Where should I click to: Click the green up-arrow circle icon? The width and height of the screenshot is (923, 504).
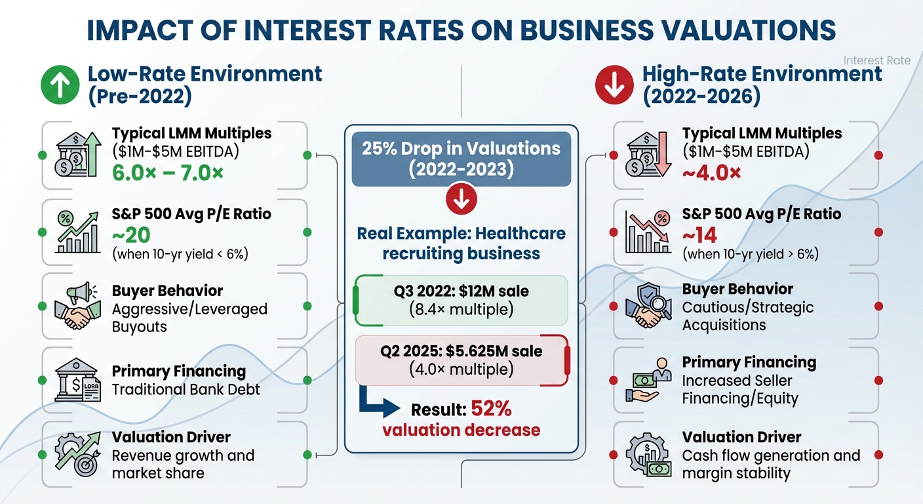click(60, 85)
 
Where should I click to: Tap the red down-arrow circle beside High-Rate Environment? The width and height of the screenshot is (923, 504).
click(614, 85)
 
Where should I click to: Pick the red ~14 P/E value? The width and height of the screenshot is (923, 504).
click(700, 234)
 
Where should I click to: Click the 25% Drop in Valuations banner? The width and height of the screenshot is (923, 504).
click(461, 158)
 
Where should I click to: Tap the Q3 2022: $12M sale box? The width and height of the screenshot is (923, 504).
click(461, 300)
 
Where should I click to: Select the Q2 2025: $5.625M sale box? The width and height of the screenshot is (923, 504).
click(461, 360)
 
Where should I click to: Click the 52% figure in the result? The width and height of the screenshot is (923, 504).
click(491, 409)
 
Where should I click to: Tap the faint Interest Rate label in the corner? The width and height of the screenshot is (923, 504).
click(876, 60)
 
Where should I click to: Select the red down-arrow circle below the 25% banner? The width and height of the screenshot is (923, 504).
click(461, 200)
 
